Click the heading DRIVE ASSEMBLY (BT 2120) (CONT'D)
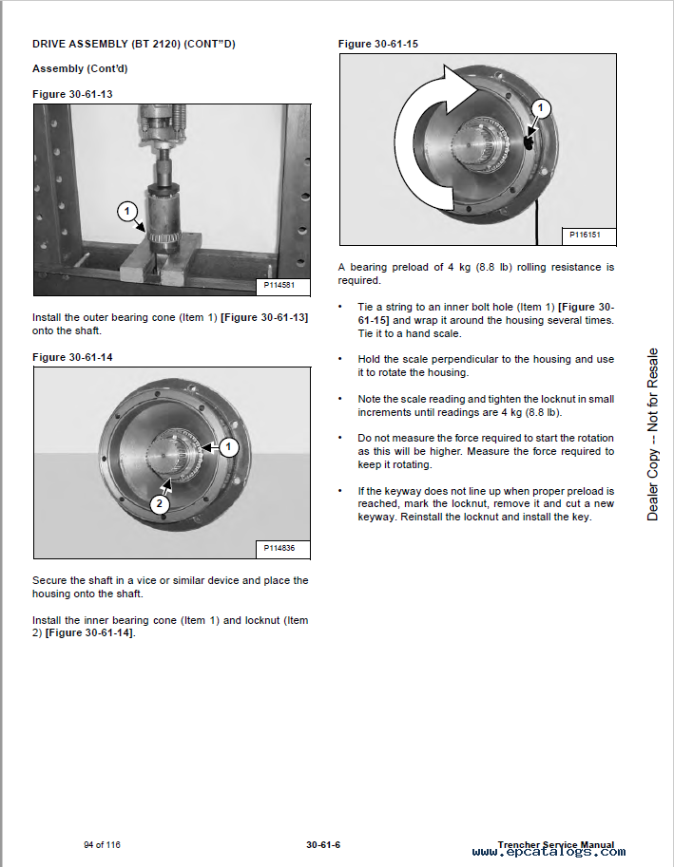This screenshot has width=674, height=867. pos(134,44)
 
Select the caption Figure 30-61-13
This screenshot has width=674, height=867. pos(72,93)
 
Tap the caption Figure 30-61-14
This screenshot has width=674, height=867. pos(72,357)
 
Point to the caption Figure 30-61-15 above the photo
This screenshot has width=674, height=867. pos(378,44)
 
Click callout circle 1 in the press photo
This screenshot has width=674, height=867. pos(127,212)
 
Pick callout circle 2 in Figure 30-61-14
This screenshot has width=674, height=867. pos(160,505)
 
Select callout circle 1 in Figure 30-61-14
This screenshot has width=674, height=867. pos(229,446)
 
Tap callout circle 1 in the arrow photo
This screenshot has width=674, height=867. pos(540,108)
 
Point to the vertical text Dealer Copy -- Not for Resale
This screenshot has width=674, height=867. pos(652,434)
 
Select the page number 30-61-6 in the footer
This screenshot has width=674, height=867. pos(324,844)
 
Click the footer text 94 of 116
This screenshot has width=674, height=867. pos(102,844)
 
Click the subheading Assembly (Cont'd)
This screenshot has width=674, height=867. pos(80,68)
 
